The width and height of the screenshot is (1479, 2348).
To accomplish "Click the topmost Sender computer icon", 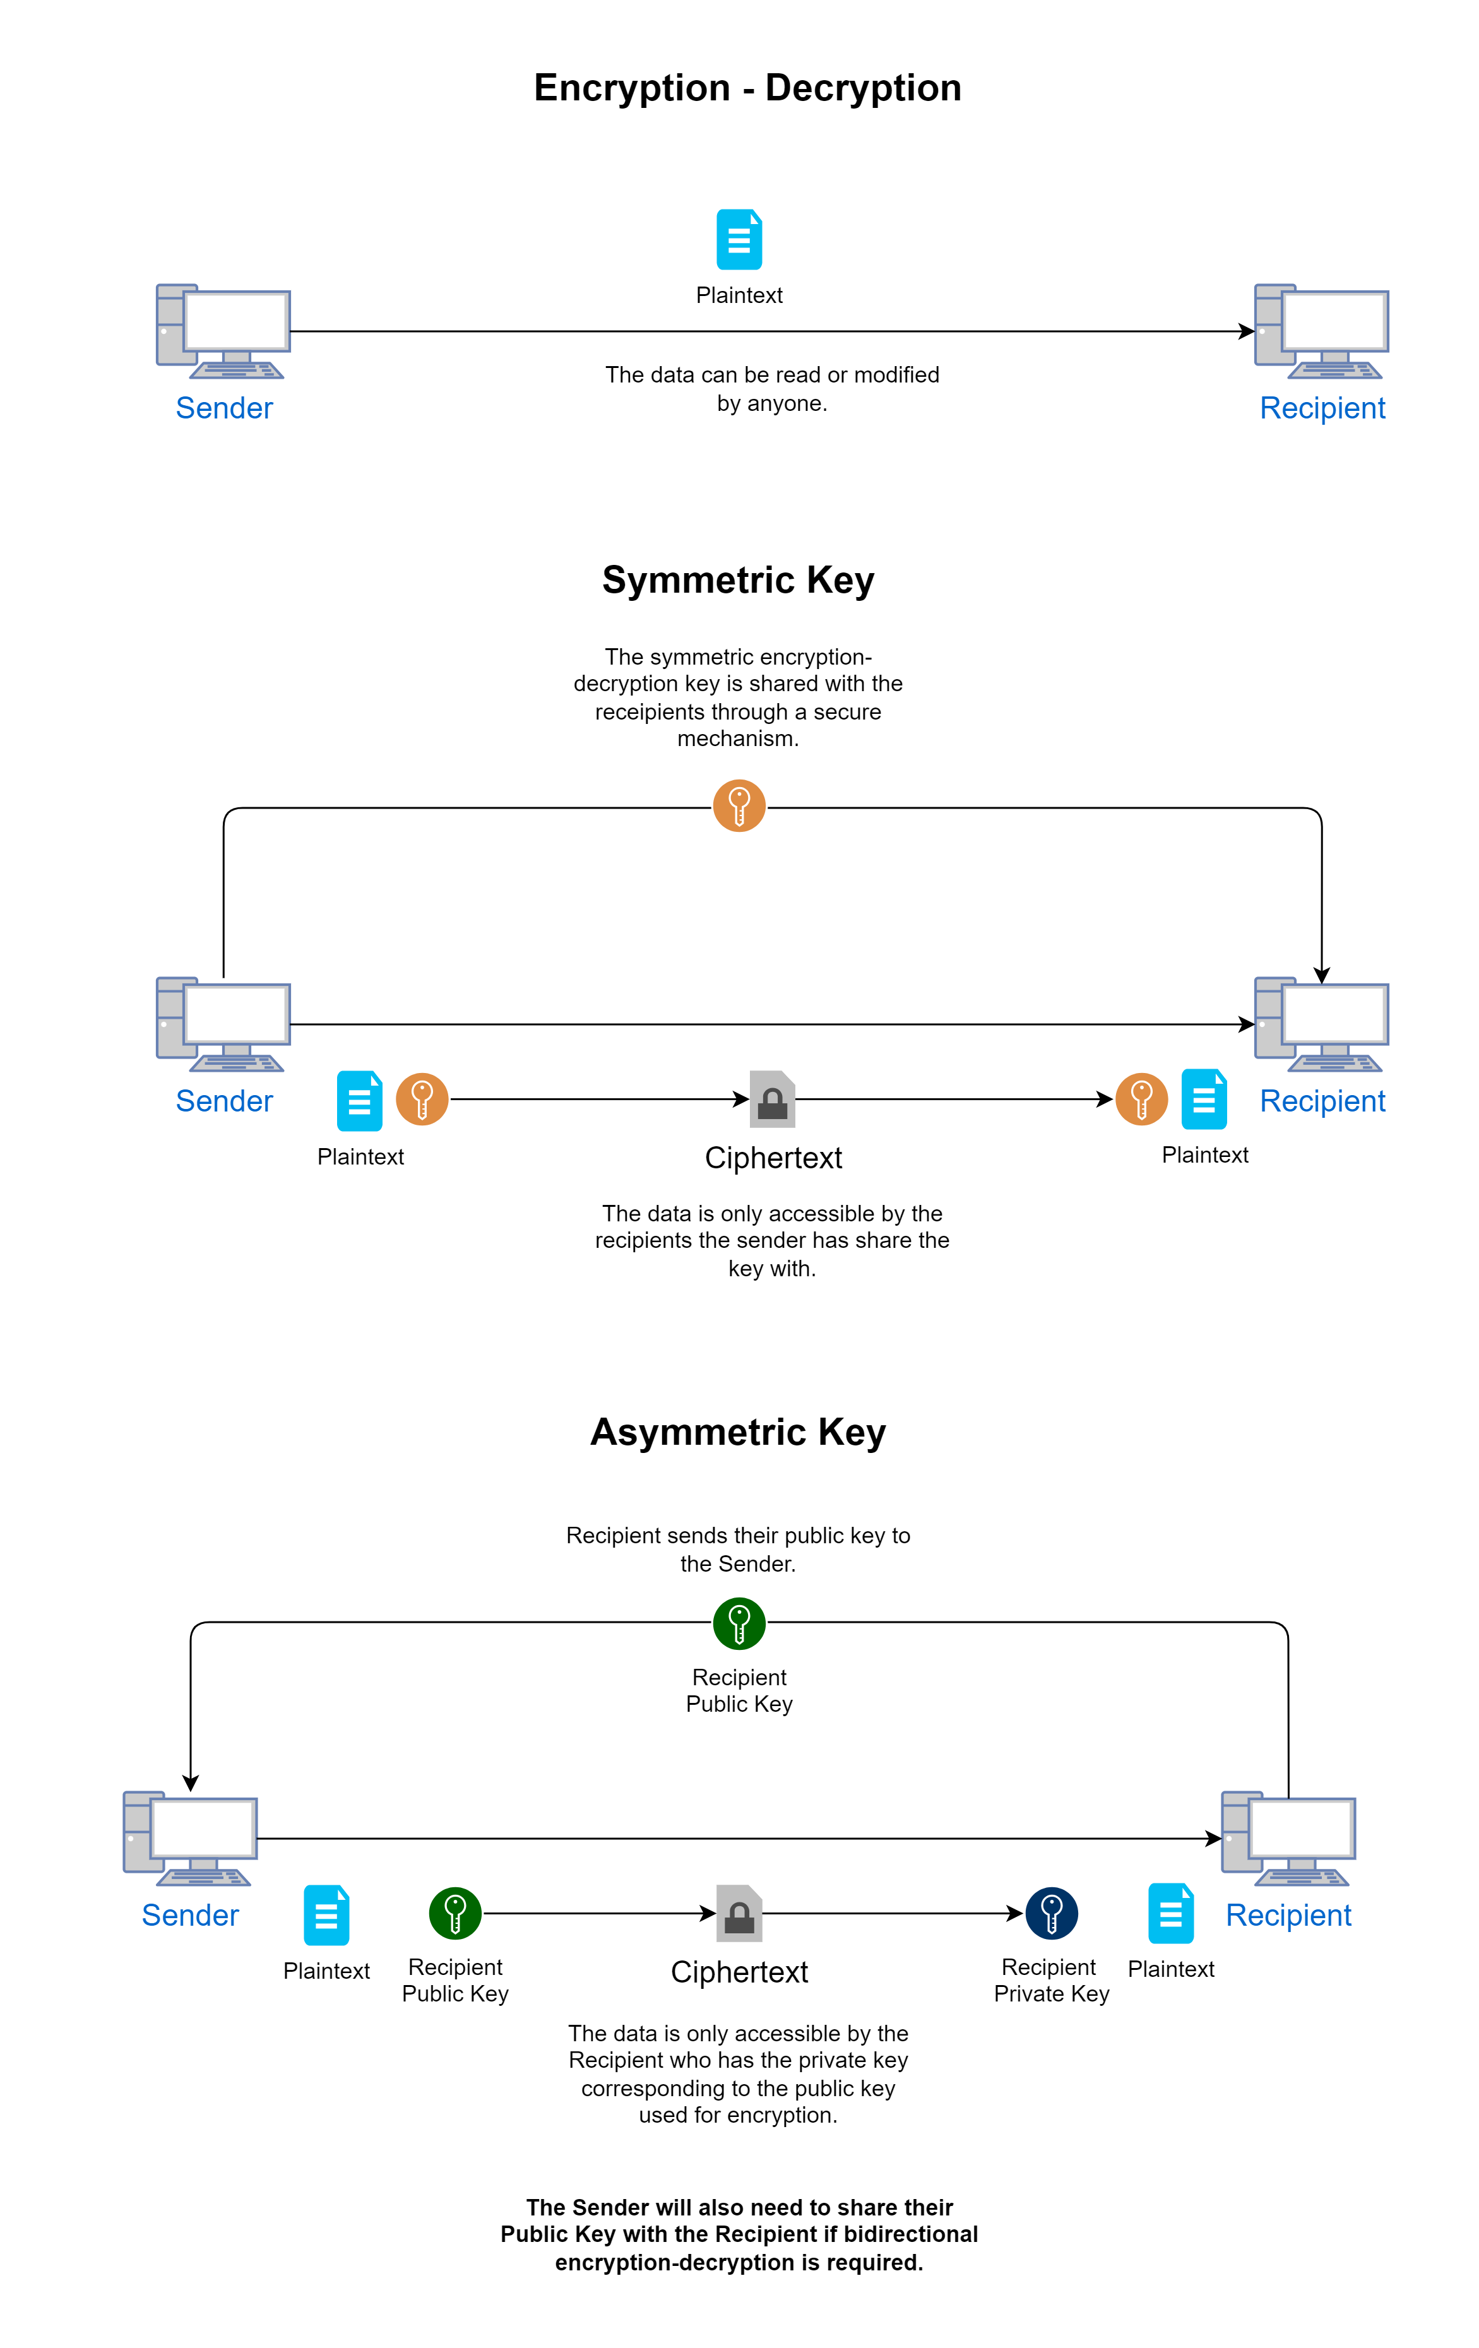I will coord(223,331).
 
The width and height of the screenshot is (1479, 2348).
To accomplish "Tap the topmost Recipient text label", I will coord(1322,408).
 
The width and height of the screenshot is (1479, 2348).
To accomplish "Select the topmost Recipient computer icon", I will coord(1321,331).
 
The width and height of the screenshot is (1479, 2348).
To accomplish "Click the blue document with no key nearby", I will coord(739,239).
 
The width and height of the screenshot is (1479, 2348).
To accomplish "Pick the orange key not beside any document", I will coord(739,805).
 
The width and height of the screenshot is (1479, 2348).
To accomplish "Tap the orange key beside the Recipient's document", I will coord(1141,1099).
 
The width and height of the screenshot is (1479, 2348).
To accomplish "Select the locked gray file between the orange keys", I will coord(772,1099).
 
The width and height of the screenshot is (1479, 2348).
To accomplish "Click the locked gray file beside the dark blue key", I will coord(739,1913).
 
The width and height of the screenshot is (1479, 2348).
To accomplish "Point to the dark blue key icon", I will coord(1051,1913).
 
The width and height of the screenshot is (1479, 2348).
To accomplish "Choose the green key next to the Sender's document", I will coord(455,1913).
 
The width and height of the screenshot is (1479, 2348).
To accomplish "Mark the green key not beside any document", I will coord(739,1623).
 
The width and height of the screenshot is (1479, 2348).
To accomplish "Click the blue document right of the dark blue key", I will coord(1171,1913).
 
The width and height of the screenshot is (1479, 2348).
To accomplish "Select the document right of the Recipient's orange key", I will coord(1204,1099).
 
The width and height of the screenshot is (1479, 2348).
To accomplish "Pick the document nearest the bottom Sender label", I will coord(326,1915).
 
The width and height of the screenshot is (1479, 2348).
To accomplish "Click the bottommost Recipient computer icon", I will coord(1288,1838).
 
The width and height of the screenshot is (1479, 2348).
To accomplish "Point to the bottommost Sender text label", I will coord(190,1915).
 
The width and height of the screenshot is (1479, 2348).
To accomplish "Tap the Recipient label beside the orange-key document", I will coord(1322,1101).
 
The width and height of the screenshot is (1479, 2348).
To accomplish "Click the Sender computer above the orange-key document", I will coord(223,1024).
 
